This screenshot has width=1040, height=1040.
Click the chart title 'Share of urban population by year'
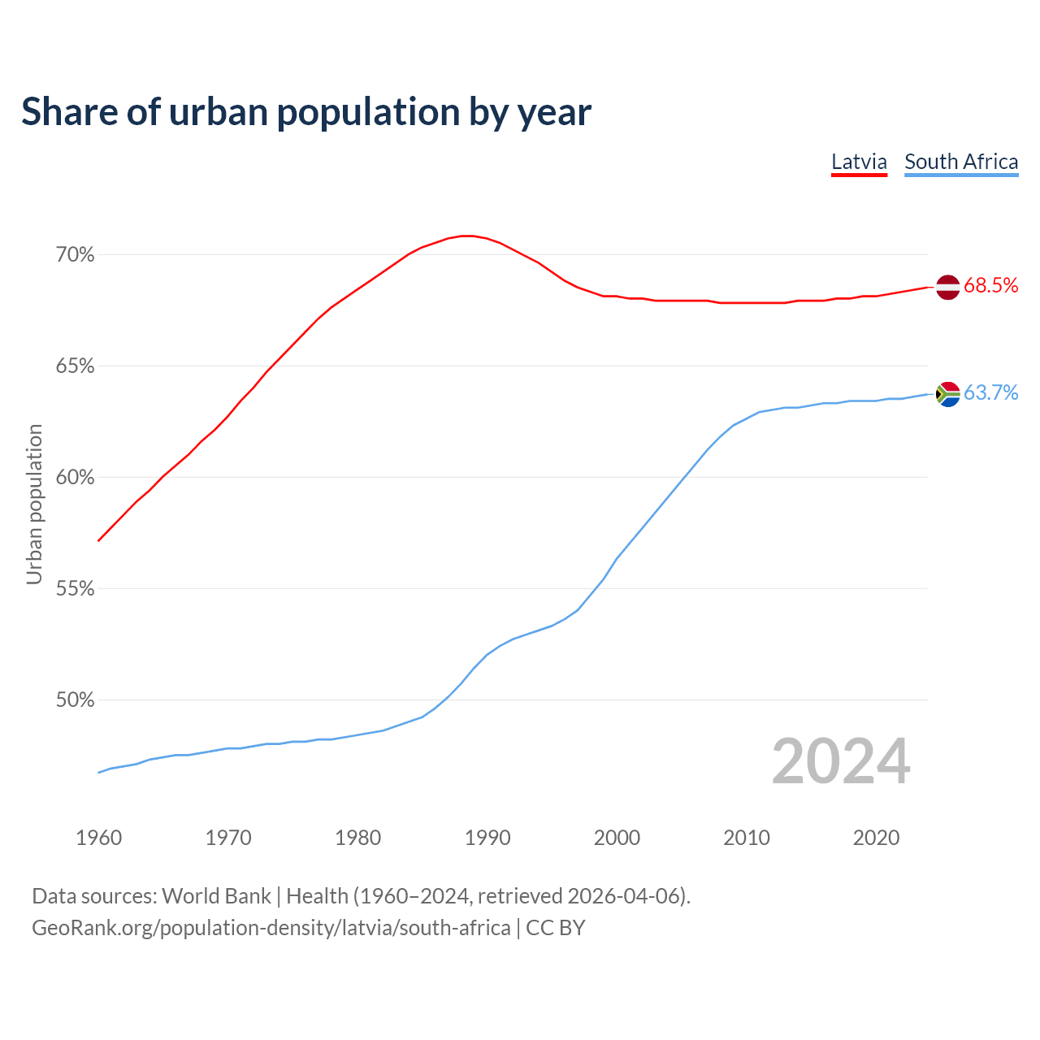pos(306,112)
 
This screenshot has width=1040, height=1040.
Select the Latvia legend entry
pos(859,162)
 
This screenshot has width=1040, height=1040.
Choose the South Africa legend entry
pos(961,162)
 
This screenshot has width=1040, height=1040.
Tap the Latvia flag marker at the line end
pos(947,287)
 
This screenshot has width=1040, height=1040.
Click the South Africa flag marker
pos(947,394)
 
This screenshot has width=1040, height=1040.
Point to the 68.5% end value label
pos(990,285)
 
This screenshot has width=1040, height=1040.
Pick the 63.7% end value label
pos(990,393)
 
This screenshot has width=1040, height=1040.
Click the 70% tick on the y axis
pos(75,255)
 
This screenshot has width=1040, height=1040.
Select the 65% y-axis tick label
pos(75,366)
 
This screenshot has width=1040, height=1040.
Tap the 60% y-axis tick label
pos(75,478)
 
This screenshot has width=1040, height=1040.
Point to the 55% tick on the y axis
pos(75,589)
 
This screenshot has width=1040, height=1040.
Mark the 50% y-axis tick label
pos(75,700)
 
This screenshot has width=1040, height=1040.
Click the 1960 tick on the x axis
pos(98,838)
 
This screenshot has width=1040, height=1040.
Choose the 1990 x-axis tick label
pos(487,838)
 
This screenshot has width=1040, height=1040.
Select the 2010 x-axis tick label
pos(747,838)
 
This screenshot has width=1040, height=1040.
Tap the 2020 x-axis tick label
pos(876,838)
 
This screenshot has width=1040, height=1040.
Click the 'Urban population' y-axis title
pos(34,504)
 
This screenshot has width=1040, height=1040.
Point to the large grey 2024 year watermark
pos(841,761)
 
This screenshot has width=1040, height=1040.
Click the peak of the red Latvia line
pos(466,236)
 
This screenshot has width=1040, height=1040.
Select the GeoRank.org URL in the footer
pos(271,928)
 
